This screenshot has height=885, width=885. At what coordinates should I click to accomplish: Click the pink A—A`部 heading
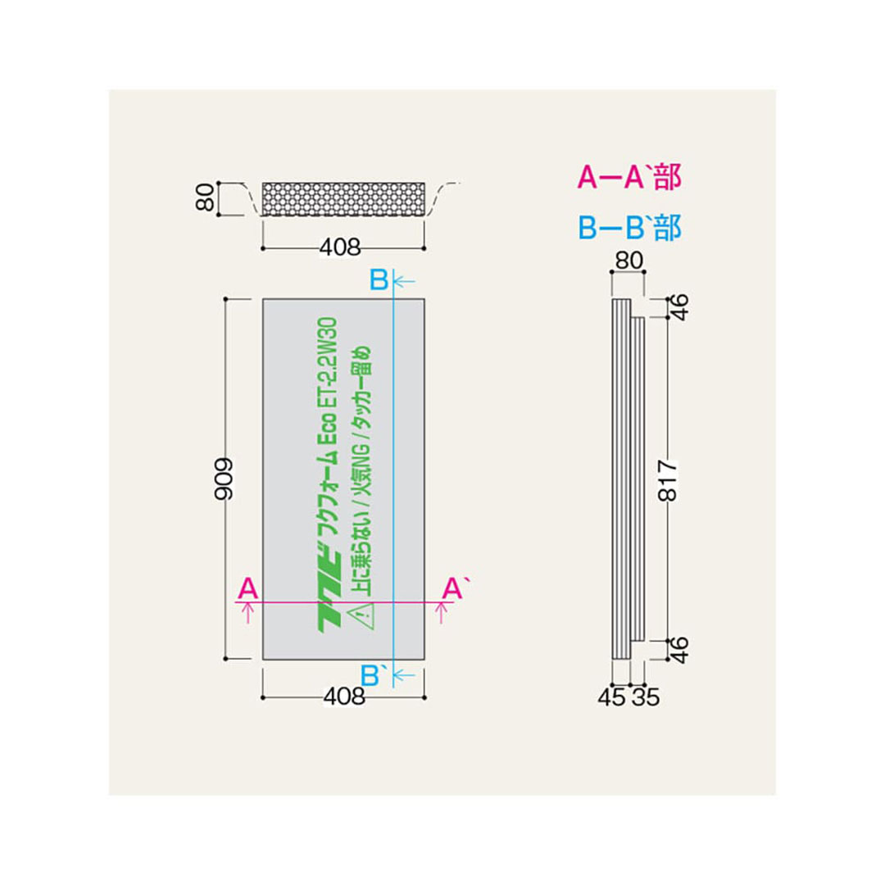(629, 178)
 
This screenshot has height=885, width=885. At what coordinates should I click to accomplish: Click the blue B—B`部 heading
(629, 227)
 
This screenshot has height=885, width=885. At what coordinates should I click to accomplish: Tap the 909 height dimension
(224, 479)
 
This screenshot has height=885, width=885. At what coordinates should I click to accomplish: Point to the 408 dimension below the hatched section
(343, 246)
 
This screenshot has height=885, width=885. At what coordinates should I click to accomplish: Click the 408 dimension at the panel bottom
(343, 697)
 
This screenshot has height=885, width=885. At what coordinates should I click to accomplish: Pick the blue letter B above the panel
(378, 280)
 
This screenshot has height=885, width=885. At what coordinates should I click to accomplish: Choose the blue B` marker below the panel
(374, 675)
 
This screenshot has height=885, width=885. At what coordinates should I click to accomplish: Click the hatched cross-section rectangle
(343, 199)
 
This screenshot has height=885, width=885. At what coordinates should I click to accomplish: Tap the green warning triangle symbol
(361, 615)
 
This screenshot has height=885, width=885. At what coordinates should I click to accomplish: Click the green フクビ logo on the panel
(334, 602)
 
